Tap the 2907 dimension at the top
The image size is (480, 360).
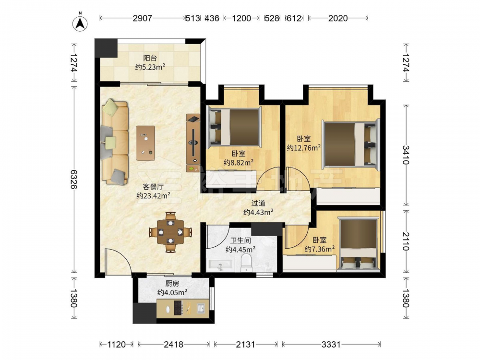143,18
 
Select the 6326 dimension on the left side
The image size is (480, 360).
73,179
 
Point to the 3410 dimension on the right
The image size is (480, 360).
406,155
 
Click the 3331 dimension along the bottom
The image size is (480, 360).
331,345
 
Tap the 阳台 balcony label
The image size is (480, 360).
150,58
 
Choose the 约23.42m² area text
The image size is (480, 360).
154,195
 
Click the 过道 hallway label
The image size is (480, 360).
258,203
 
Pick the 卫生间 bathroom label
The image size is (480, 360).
240,241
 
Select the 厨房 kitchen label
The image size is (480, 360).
172,284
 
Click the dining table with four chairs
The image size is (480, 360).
170,232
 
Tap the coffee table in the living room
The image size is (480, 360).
146,143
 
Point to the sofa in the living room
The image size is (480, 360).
115,142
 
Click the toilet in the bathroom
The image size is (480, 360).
246,263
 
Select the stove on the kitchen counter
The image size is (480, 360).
178,307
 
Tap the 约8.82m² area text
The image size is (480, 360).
239,162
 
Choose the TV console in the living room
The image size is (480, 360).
193,143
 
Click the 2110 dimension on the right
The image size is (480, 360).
406,241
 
